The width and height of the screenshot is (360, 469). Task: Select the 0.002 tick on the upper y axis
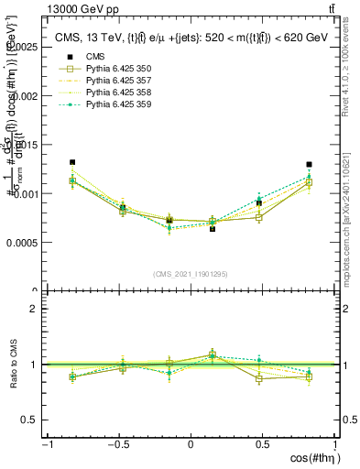[25, 95]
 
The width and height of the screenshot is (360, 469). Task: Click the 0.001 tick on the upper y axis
[25, 193]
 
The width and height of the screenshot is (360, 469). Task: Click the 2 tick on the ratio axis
[33, 309]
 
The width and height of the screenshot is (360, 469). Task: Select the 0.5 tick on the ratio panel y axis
[29, 420]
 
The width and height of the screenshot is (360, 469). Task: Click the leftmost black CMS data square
[72, 162]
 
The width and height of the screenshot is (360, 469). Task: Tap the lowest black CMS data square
[213, 229]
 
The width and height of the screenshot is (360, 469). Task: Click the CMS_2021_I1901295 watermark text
[190, 274]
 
